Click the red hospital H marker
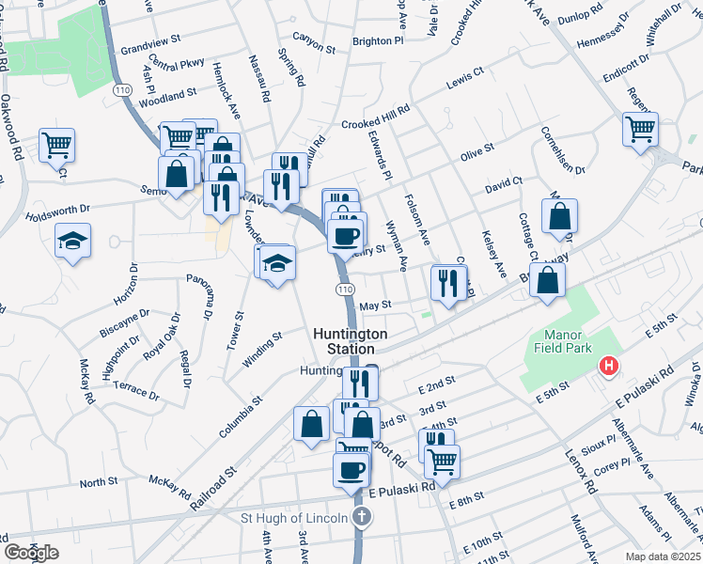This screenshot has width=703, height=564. [610, 365]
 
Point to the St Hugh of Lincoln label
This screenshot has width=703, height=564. [294, 518]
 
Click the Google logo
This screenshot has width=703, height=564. [31, 552]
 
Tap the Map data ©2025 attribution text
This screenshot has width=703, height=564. [663, 556]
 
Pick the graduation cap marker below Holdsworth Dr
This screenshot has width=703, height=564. [72, 241]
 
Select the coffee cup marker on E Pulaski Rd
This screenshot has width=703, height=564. [351, 469]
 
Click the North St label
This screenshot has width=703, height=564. [98, 482]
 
